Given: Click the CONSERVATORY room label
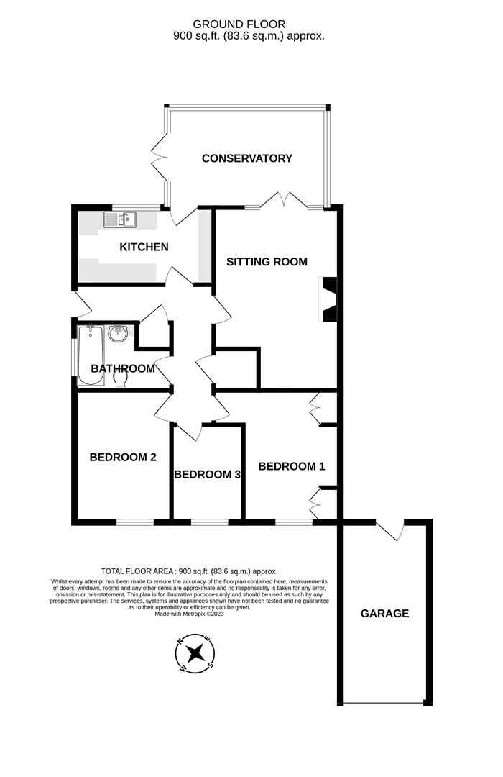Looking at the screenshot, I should [x=246, y=158].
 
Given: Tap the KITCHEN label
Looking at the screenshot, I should [x=144, y=247].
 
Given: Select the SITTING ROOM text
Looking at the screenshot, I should [x=267, y=262].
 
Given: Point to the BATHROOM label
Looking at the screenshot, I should [x=123, y=369].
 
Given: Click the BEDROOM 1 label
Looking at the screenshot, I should [x=292, y=466].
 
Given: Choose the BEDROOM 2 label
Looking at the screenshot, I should [x=123, y=457].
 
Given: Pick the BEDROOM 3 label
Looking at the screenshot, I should [x=207, y=475].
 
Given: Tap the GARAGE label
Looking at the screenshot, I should [x=384, y=614].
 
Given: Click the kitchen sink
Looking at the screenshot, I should [x=121, y=219].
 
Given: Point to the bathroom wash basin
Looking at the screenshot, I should [x=119, y=335].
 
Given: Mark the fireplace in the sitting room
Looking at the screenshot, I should [x=328, y=298].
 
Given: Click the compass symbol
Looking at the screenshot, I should [x=195, y=653].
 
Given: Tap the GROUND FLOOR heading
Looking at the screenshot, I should [x=249, y=24].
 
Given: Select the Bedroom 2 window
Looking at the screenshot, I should [x=134, y=522].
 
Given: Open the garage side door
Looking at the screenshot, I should [x=390, y=530].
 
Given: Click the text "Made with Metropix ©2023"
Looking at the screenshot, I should [x=190, y=614].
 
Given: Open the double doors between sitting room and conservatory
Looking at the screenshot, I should [x=285, y=202].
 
